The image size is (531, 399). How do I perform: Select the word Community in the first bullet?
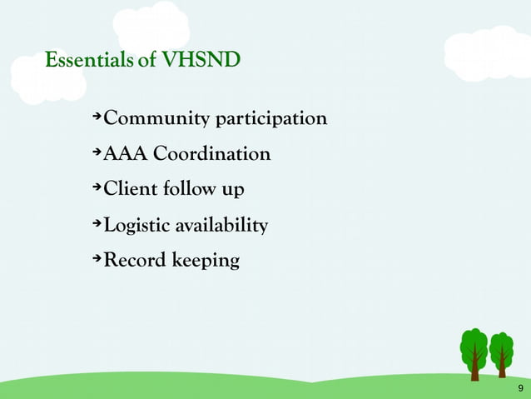(157, 119)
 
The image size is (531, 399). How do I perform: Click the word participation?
(271, 120)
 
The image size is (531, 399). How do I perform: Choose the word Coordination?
(212, 154)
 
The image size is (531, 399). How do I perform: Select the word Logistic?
(137, 226)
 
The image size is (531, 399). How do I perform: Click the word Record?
(134, 261)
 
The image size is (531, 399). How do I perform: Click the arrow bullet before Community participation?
(97, 117)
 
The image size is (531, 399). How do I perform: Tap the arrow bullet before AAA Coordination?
(97, 152)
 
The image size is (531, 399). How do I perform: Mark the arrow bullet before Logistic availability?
(97, 223)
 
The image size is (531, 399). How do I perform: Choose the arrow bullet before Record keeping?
(97, 258)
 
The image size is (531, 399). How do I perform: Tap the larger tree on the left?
(474, 352)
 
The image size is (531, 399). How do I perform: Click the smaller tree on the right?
(501, 353)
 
